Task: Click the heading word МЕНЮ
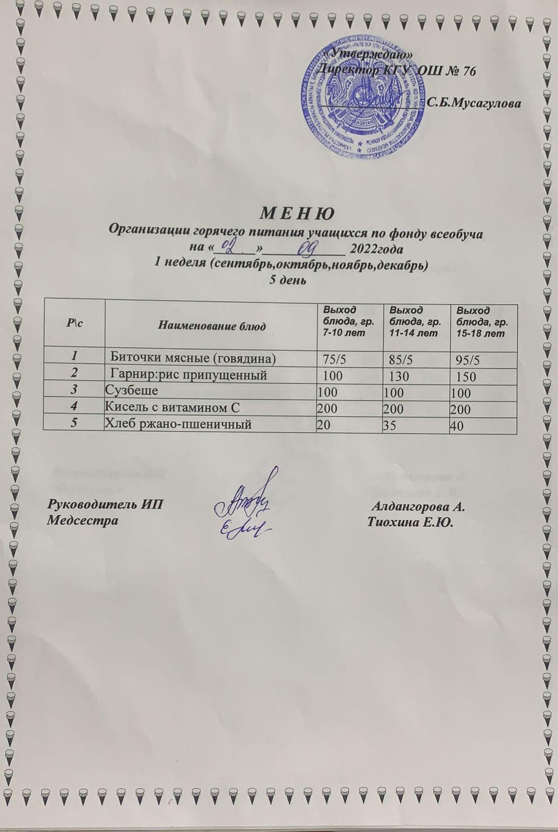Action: [x=296, y=214]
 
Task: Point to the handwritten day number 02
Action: [x=230, y=245]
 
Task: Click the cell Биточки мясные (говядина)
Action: [x=194, y=358]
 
